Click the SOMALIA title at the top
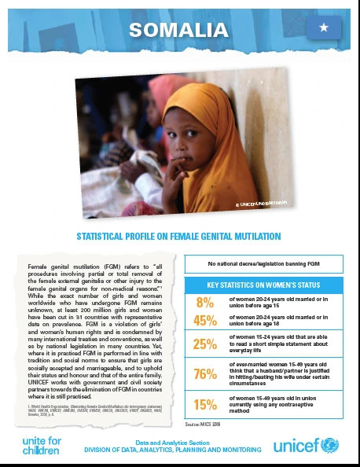click(x=179, y=30)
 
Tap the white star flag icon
click(x=324, y=28)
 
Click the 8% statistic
click(x=204, y=301)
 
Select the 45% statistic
click(x=204, y=320)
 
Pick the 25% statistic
click(x=204, y=344)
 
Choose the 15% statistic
click(x=204, y=405)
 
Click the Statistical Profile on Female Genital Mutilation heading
click(x=179, y=235)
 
